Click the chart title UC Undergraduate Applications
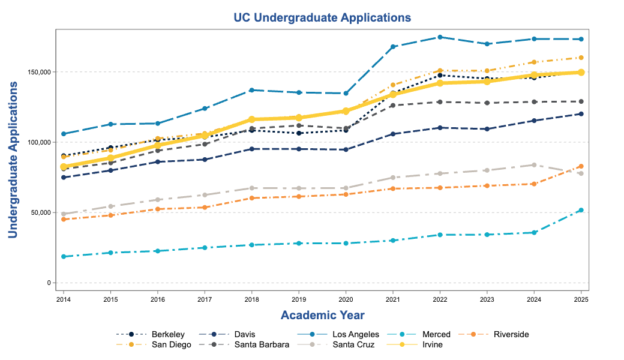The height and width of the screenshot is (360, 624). tap(322, 17)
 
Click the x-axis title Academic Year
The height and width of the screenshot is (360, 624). tap(322, 315)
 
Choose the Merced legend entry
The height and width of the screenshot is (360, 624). tap(436, 334)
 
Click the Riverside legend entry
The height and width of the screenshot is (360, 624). tap(511, 334)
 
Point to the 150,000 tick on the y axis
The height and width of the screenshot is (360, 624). tap(40, 72)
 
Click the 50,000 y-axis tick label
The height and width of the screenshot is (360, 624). tap(42, 212)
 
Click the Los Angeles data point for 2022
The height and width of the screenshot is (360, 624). tap(440, 37)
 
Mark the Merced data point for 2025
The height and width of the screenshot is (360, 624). tap(581, 210)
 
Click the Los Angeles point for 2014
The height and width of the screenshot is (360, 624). tap(63, 134)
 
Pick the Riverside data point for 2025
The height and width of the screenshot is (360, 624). tap(581, 166)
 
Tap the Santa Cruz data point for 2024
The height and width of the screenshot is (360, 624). tap(534, 165)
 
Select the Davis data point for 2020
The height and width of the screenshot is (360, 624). tap(346, 149)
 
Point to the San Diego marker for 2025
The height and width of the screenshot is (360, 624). tap(581, 58)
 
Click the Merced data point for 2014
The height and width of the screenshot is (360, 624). tap(63, 257)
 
